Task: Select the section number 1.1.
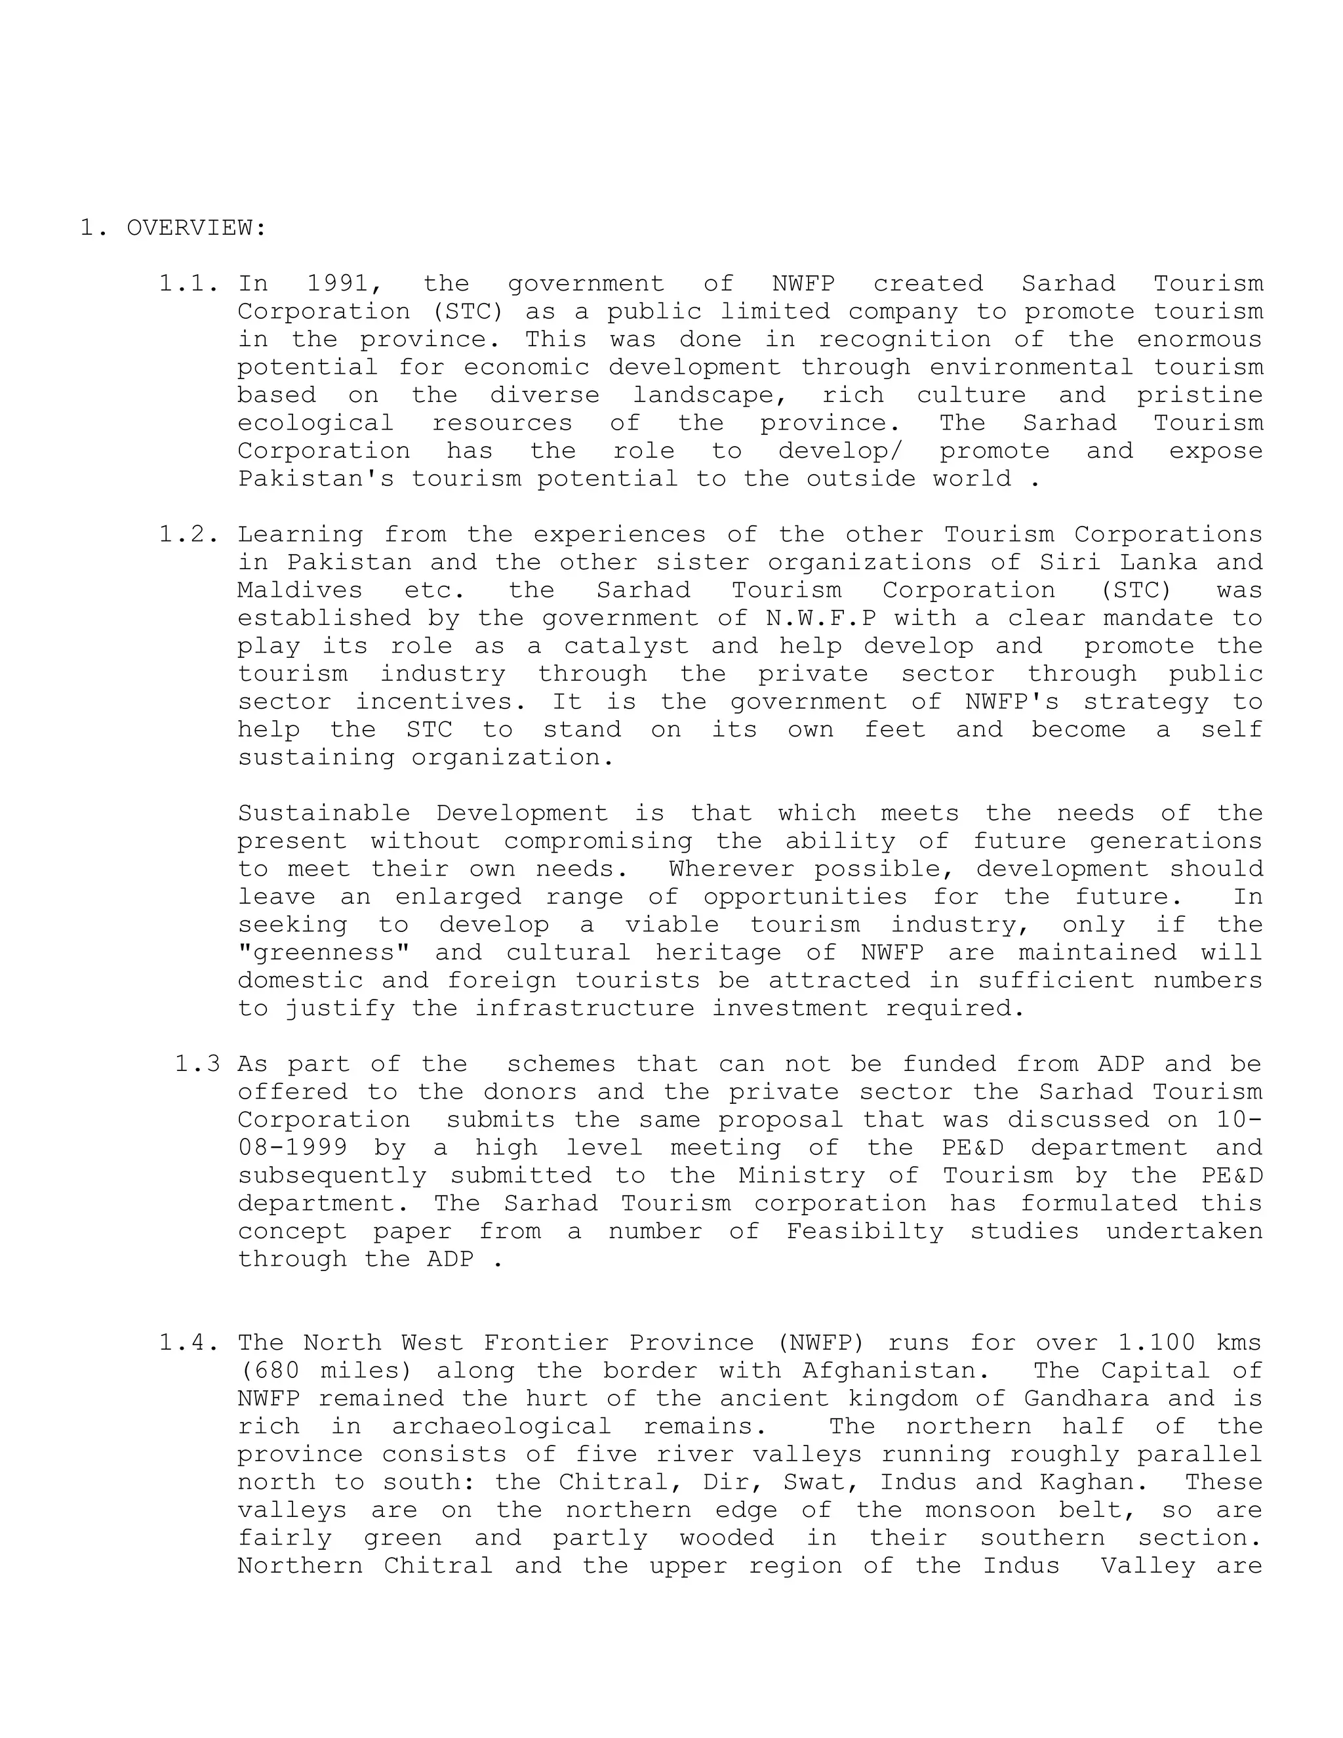point(188,283)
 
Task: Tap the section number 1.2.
point(188,534)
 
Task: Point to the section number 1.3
point(197,1064)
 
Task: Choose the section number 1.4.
point(188,1343)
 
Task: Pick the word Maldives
point(300,590)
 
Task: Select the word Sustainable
point(324,813)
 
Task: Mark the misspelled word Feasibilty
point(865,1231)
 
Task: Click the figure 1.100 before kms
point(1156,1343)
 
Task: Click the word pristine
point(1199,395)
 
